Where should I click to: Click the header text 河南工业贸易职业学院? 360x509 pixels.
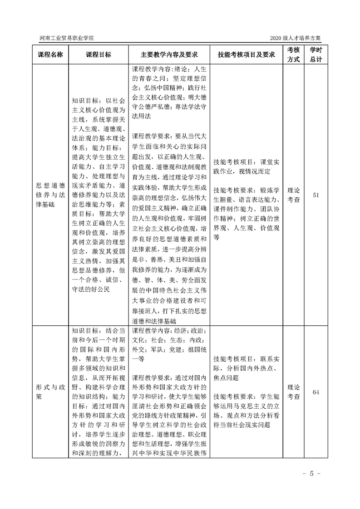tap(67, 38)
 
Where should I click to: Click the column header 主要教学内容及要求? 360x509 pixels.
tap(169, 54)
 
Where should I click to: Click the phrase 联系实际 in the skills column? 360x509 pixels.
tap(271, 358)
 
